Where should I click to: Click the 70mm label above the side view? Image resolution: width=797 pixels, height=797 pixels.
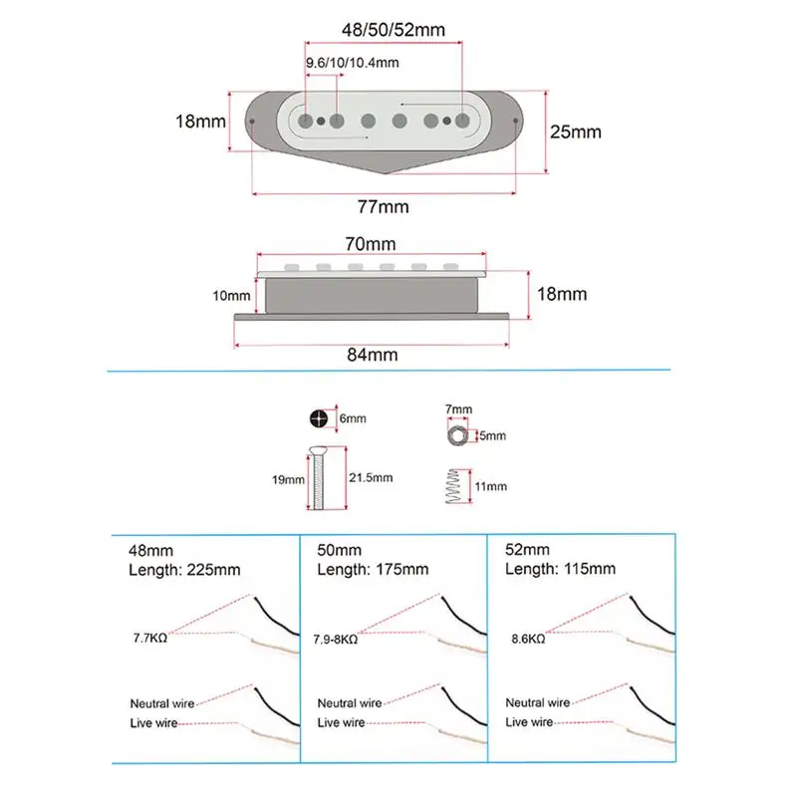click(370, 243)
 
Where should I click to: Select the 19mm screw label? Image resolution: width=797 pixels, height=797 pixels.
click(288, 479)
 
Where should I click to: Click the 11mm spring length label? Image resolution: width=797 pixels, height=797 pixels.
click(491, 486)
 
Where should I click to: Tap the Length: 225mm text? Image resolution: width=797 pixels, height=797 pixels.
click(184, 569)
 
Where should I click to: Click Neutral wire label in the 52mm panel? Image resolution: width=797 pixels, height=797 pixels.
click(538, 702)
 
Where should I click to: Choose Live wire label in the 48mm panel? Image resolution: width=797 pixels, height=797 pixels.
click(153, 722)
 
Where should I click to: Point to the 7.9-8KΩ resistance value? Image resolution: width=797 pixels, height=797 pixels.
click(336, 638)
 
